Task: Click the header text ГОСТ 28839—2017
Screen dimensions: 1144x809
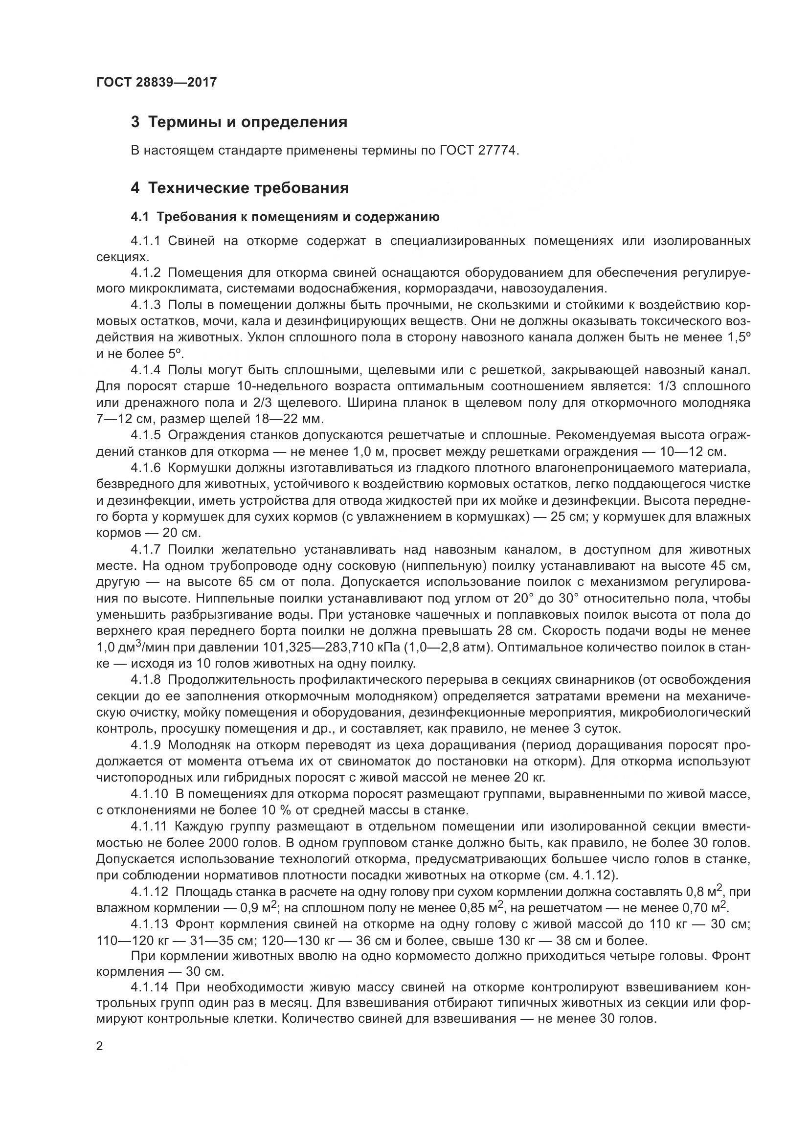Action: [157, 82]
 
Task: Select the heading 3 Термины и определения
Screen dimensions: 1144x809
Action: [239, 122]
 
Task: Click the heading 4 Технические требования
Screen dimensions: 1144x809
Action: [240, 188]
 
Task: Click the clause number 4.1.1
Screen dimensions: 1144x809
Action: [145, 242]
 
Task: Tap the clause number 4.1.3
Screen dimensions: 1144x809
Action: [145, 305]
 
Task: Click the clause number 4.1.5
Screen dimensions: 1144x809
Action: [145, 435]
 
